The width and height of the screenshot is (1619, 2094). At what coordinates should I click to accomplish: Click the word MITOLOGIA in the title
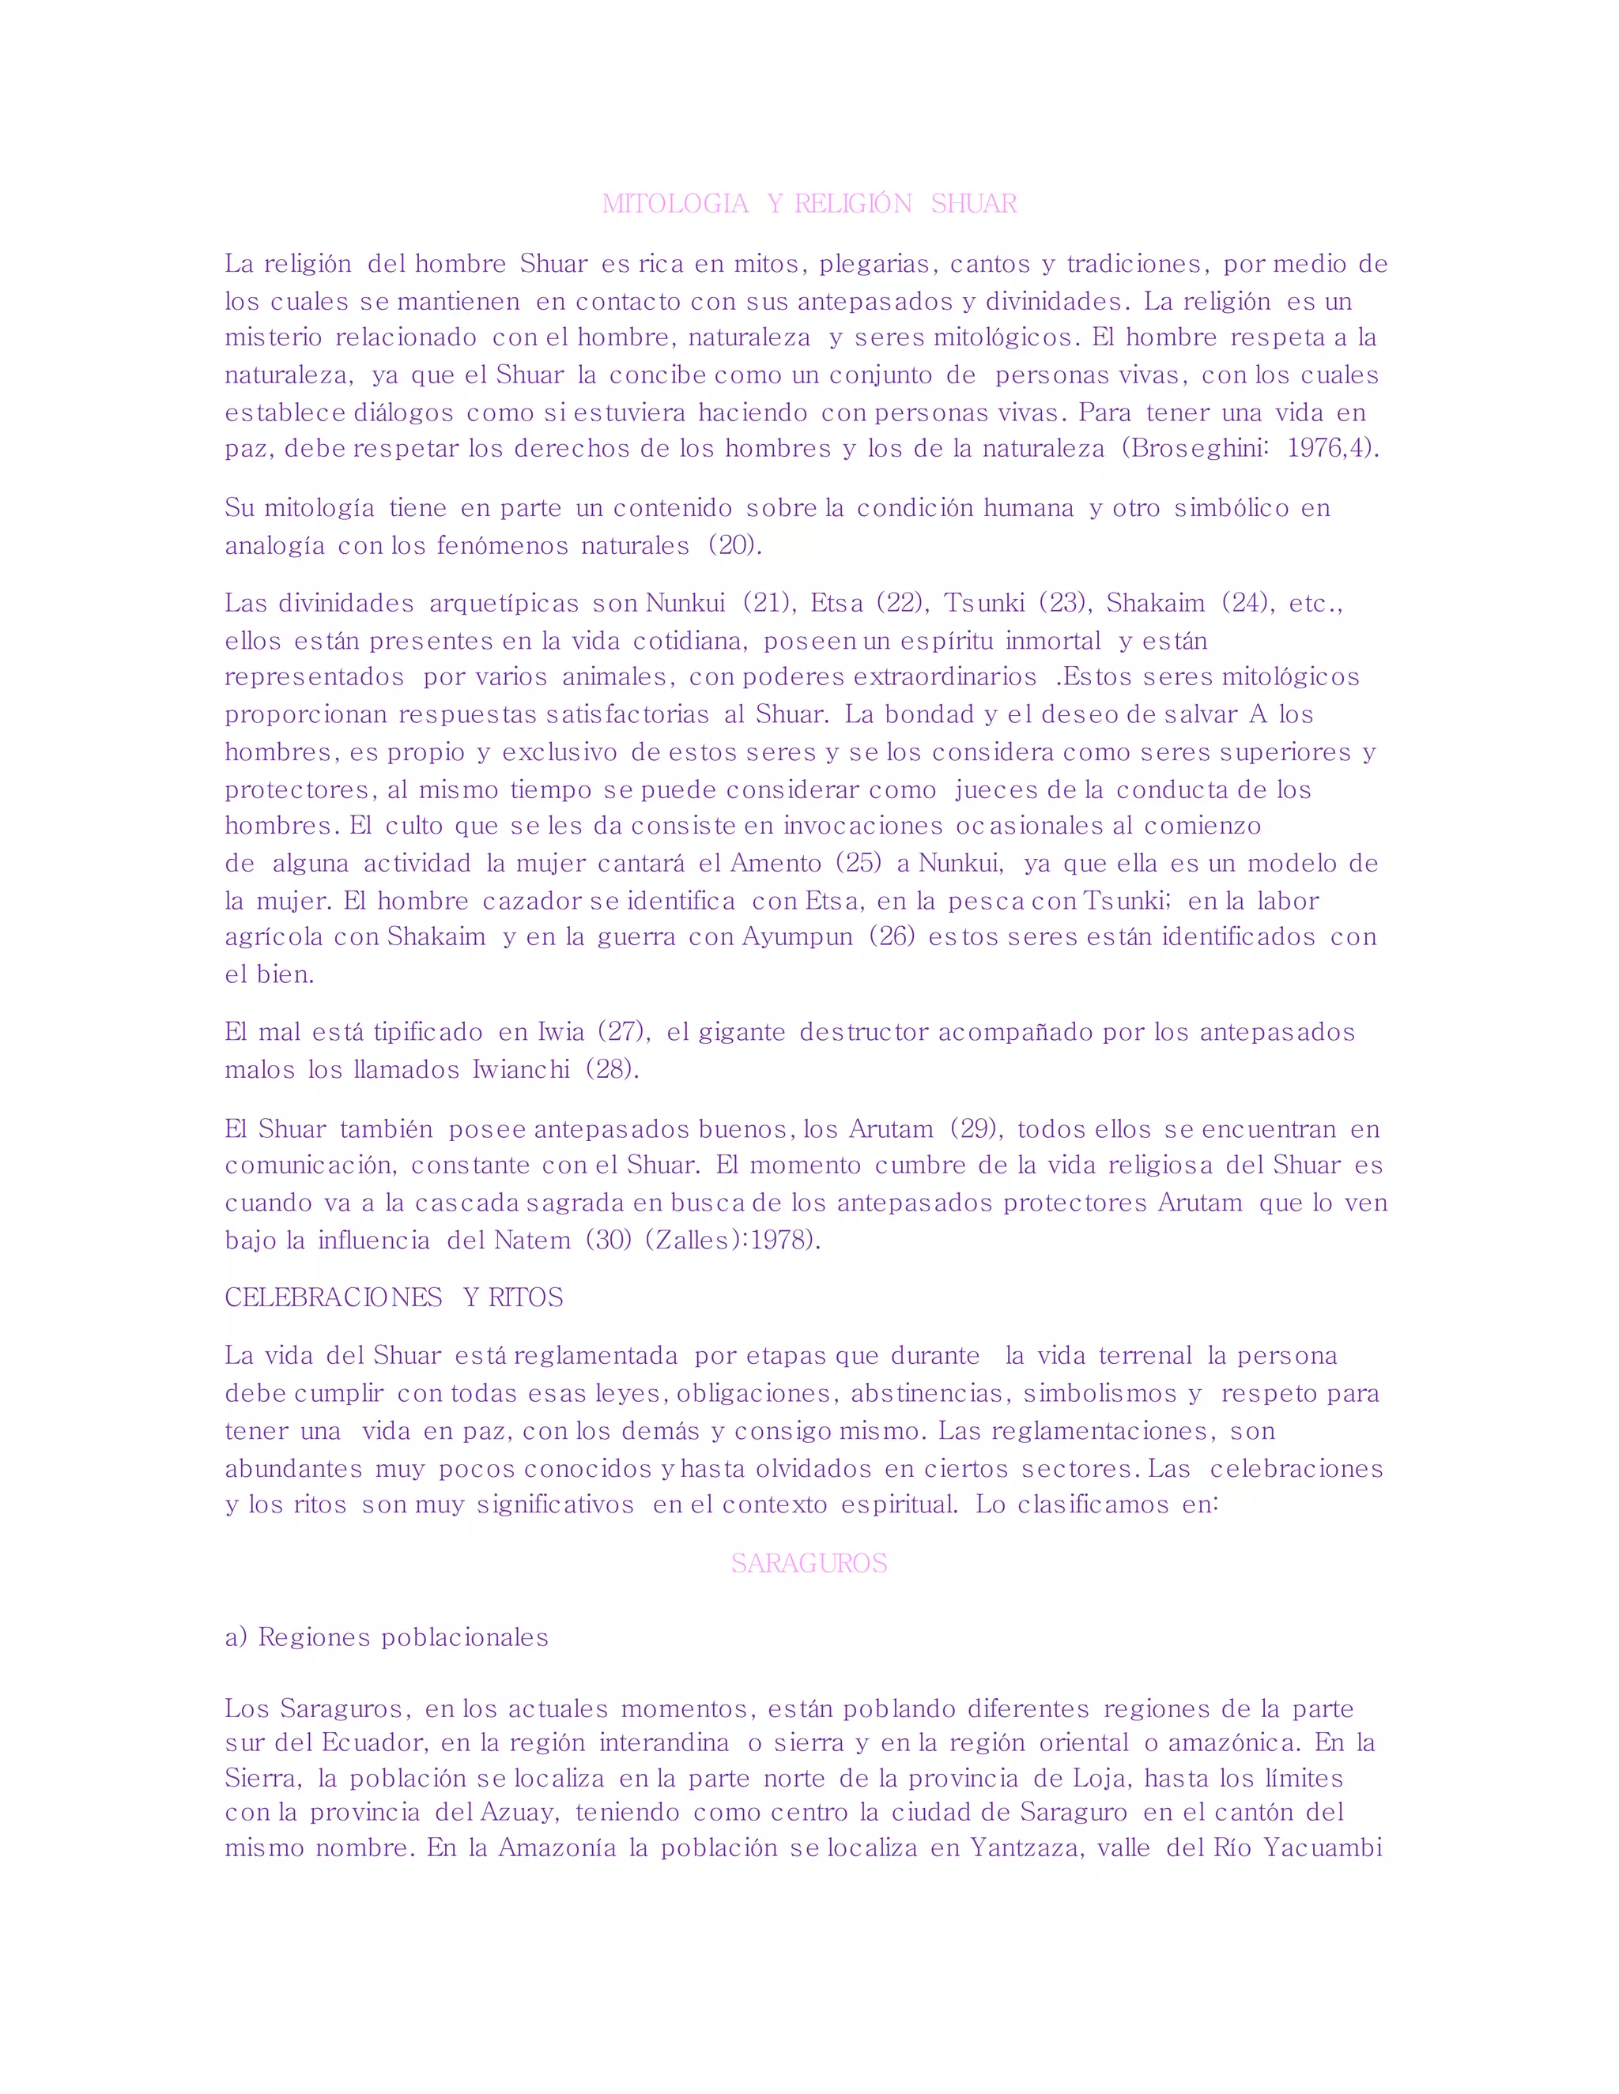pos(675,203)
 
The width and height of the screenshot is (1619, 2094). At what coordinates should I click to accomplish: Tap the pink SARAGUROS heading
pos(809,1563)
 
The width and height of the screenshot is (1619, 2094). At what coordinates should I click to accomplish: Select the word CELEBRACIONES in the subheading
pos(333,1297)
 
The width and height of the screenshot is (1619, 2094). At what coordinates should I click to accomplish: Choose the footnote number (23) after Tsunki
pos(1065,603)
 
